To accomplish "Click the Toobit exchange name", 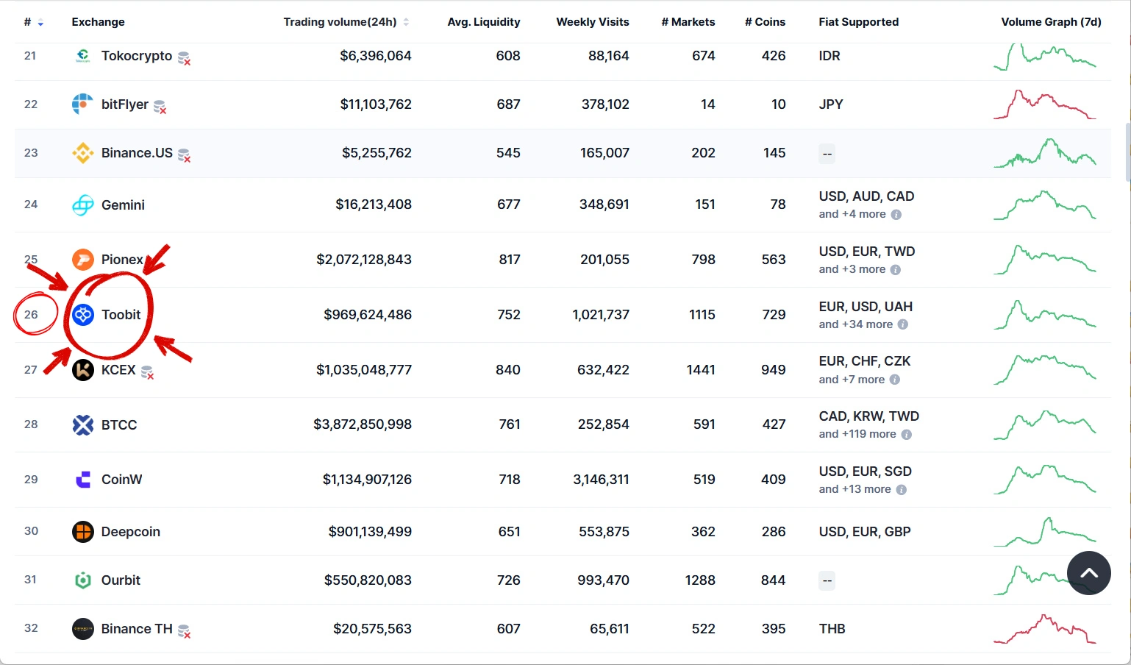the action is point(121,315).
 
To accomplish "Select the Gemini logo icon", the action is point(83,205).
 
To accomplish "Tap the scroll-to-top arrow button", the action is point(1088,573).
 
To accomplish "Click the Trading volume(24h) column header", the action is point(340,22).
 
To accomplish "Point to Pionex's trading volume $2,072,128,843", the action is point(363,260).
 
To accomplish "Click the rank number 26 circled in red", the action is point(31,315).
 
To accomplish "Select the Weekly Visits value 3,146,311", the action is point(601,479).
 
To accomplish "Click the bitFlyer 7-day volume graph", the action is point(1044,104).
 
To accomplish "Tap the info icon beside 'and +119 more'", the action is point(906,434).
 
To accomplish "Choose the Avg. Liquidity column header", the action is point(484,22).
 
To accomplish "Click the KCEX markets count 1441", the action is point(701,369).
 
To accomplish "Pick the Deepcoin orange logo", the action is point(83,532).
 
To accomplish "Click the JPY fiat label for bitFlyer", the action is point(830,104).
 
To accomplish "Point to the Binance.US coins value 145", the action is point(774,153).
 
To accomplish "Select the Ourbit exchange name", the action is point(121,580).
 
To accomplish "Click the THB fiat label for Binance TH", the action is point(832,629).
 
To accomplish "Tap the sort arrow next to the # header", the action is point(40,23).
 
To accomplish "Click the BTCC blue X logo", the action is point(83,424).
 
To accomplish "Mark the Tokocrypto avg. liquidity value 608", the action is point(508,56).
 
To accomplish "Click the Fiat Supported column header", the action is point(858,22).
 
